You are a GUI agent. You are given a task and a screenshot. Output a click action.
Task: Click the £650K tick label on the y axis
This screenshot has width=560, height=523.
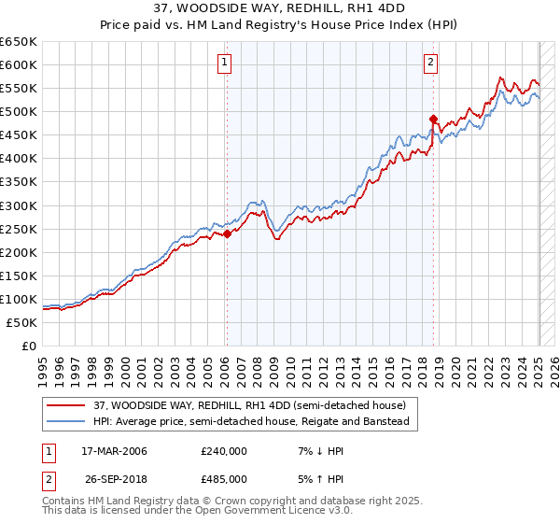click(x=19, y=42)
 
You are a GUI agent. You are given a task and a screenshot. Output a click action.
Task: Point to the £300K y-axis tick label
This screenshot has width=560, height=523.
click(x=19, y=205)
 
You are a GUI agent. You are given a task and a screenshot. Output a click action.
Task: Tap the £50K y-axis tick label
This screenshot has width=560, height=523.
click(x=22, y=322)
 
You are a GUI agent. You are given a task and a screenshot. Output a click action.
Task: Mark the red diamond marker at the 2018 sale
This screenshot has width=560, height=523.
click(x=433, y=119)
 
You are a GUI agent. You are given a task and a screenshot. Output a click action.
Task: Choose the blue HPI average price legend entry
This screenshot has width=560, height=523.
click(x=251, y=422)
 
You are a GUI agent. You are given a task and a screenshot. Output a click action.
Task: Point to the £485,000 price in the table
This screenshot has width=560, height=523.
click(x=223, y=478)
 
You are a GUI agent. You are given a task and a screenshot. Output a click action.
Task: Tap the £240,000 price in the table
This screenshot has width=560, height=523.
click(x=223, y=451)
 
